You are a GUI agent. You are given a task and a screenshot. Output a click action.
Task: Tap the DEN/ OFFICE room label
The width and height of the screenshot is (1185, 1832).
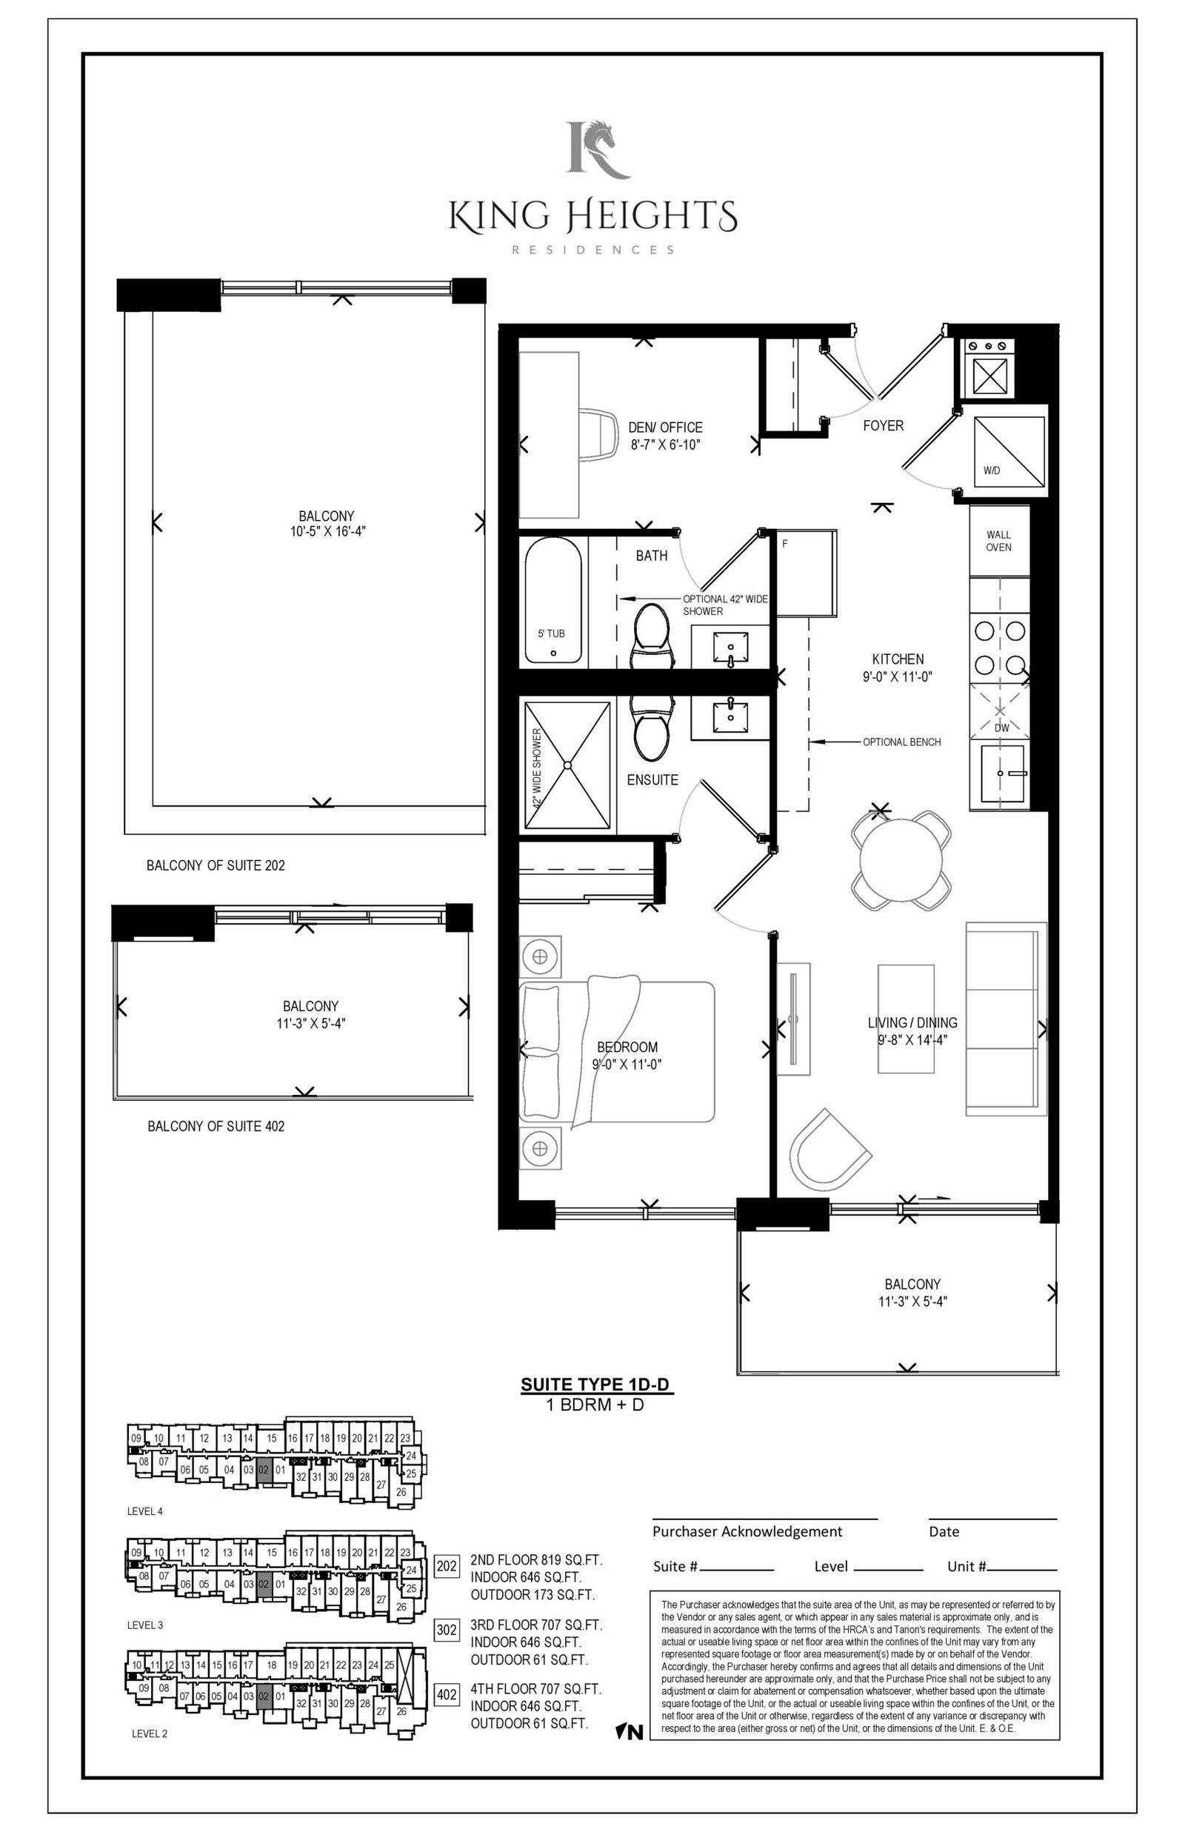click(x=666, y=427)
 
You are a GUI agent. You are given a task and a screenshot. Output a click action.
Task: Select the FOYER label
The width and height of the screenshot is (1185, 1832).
click(x=884, y=425)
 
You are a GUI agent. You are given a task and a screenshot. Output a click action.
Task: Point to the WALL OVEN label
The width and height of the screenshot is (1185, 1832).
click(x=999, y=541)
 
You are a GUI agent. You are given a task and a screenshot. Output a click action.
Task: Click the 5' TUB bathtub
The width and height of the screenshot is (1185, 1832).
click(x=553, y=600)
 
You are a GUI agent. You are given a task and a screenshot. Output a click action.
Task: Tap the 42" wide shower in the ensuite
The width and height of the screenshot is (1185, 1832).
click(x=568, y=765)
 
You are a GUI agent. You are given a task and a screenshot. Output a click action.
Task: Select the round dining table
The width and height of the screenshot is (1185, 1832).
click(x=901, y=860)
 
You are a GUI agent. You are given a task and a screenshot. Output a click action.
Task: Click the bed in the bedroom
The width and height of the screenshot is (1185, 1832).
click(x=618, y=1051)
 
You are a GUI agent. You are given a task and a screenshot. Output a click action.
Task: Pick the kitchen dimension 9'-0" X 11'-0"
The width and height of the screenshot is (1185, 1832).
click(x=897, y=677)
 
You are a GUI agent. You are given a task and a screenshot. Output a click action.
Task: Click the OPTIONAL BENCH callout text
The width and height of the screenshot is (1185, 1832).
click(x=902, y=742)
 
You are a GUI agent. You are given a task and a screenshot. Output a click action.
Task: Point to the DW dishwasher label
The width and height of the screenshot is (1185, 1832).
click(x=1001, y=728)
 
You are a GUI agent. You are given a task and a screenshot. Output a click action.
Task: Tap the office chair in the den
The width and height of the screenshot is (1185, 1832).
click(x=598, y=435)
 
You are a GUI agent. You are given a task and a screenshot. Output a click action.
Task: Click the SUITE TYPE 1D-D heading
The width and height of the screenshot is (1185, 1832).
click(x=595, y=1385)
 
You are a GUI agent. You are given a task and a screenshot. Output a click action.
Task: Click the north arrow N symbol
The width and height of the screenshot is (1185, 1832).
click(x=630, y=1733)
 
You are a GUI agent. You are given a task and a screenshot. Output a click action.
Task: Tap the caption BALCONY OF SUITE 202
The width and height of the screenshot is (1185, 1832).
click(x=216, y=865)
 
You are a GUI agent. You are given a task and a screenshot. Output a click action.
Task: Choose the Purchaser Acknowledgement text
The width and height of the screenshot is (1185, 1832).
click(x=747, y=1531)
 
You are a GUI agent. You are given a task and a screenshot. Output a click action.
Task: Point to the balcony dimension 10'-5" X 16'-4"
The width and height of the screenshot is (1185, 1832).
click(x=328, y=531)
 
